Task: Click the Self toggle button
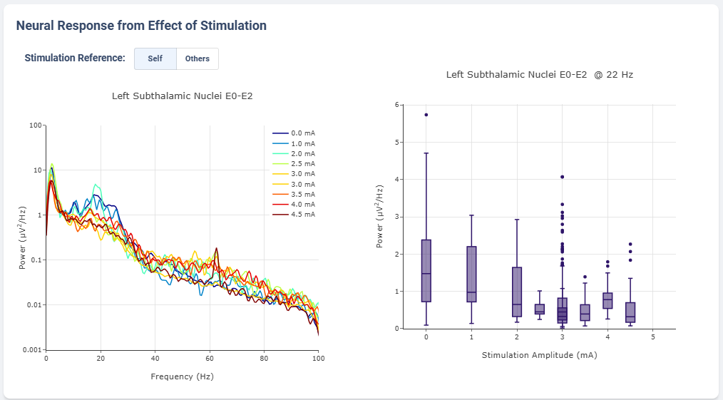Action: pyautogui.click(x=155, y=58)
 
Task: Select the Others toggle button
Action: pyautogui.click(x=198, y=58)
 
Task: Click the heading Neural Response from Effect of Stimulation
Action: pyautogui.click(x=141, y=26)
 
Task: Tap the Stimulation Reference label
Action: pyautogui.click(x=75, y=58)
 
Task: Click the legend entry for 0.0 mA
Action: pyautogui.click(x=294, y=133)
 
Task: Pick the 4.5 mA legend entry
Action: pyautogui.click(x=294, y=214)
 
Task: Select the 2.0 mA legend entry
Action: pyautogui.click(x=294, y=153)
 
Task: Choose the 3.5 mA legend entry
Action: pyautogui.click(x=294, y=194)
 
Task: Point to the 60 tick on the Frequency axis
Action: pyautogui.click(x=210, y=358)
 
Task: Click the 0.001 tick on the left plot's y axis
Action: pyautogui.click(x=31, y=349)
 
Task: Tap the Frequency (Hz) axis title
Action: pyautogui.click(x=182, y=376)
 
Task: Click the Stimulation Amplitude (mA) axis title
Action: pyautogui.click(x=539, y=354)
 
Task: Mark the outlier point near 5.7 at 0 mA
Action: pyautogui.click(x=426, y=114)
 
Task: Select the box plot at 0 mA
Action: pyautogui.click(x=426, y=271)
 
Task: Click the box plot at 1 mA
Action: pyautogui.click(x=471, y=275)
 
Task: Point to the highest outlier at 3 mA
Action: pyautogui.click(x=563, y=176)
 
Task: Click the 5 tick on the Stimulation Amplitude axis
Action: pyautogui.click(x=653, y=337)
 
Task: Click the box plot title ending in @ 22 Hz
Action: pyautogui.click(x=539, y=74)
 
